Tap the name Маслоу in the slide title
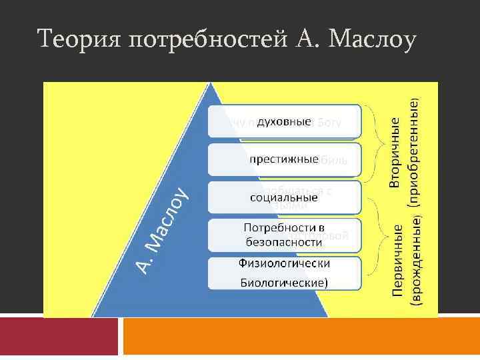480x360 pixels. [x=365, y=39]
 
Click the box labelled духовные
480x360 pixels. [x=285, y=122]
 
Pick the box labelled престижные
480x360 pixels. [x=285, y=160]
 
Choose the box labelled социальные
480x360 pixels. [x=285, y=197]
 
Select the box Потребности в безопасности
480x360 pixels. [x=285, y=235]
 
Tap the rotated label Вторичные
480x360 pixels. [x=395, y=152]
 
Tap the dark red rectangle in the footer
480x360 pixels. [x=59, y=337]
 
